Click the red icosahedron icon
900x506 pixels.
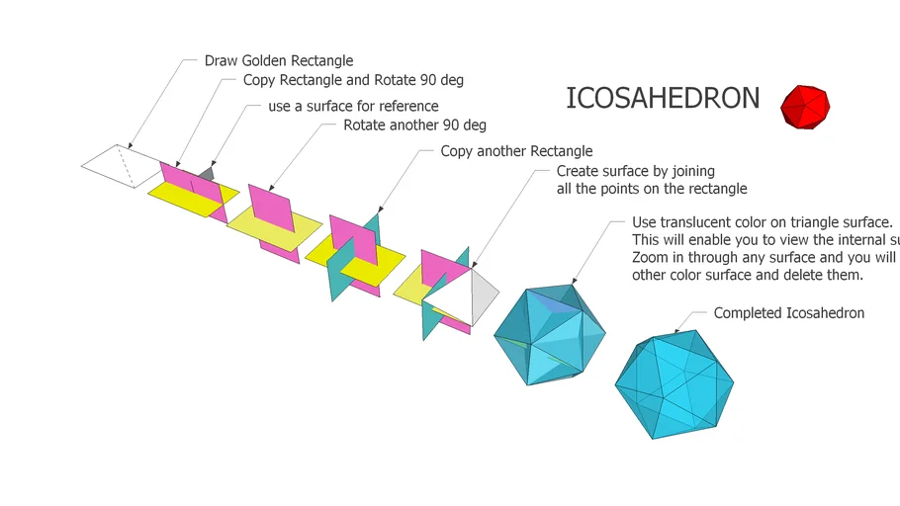point(805,106)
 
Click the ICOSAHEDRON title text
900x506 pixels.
point(663,99)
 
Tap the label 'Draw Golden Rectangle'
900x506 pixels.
point(279,61)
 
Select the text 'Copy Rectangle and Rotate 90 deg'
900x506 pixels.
point(353,80)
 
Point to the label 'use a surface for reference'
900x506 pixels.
point(353,106)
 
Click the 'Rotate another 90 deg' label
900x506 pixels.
point(414,126)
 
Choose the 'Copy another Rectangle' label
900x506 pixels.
point(516,151)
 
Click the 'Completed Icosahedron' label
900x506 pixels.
point(788,313)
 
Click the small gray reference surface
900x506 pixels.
point(205,174)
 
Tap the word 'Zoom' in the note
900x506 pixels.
point(651,257)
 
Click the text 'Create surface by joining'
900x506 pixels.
point(635,172)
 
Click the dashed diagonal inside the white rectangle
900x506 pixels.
point(125,165)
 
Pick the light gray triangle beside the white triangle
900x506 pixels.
point(483,295)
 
